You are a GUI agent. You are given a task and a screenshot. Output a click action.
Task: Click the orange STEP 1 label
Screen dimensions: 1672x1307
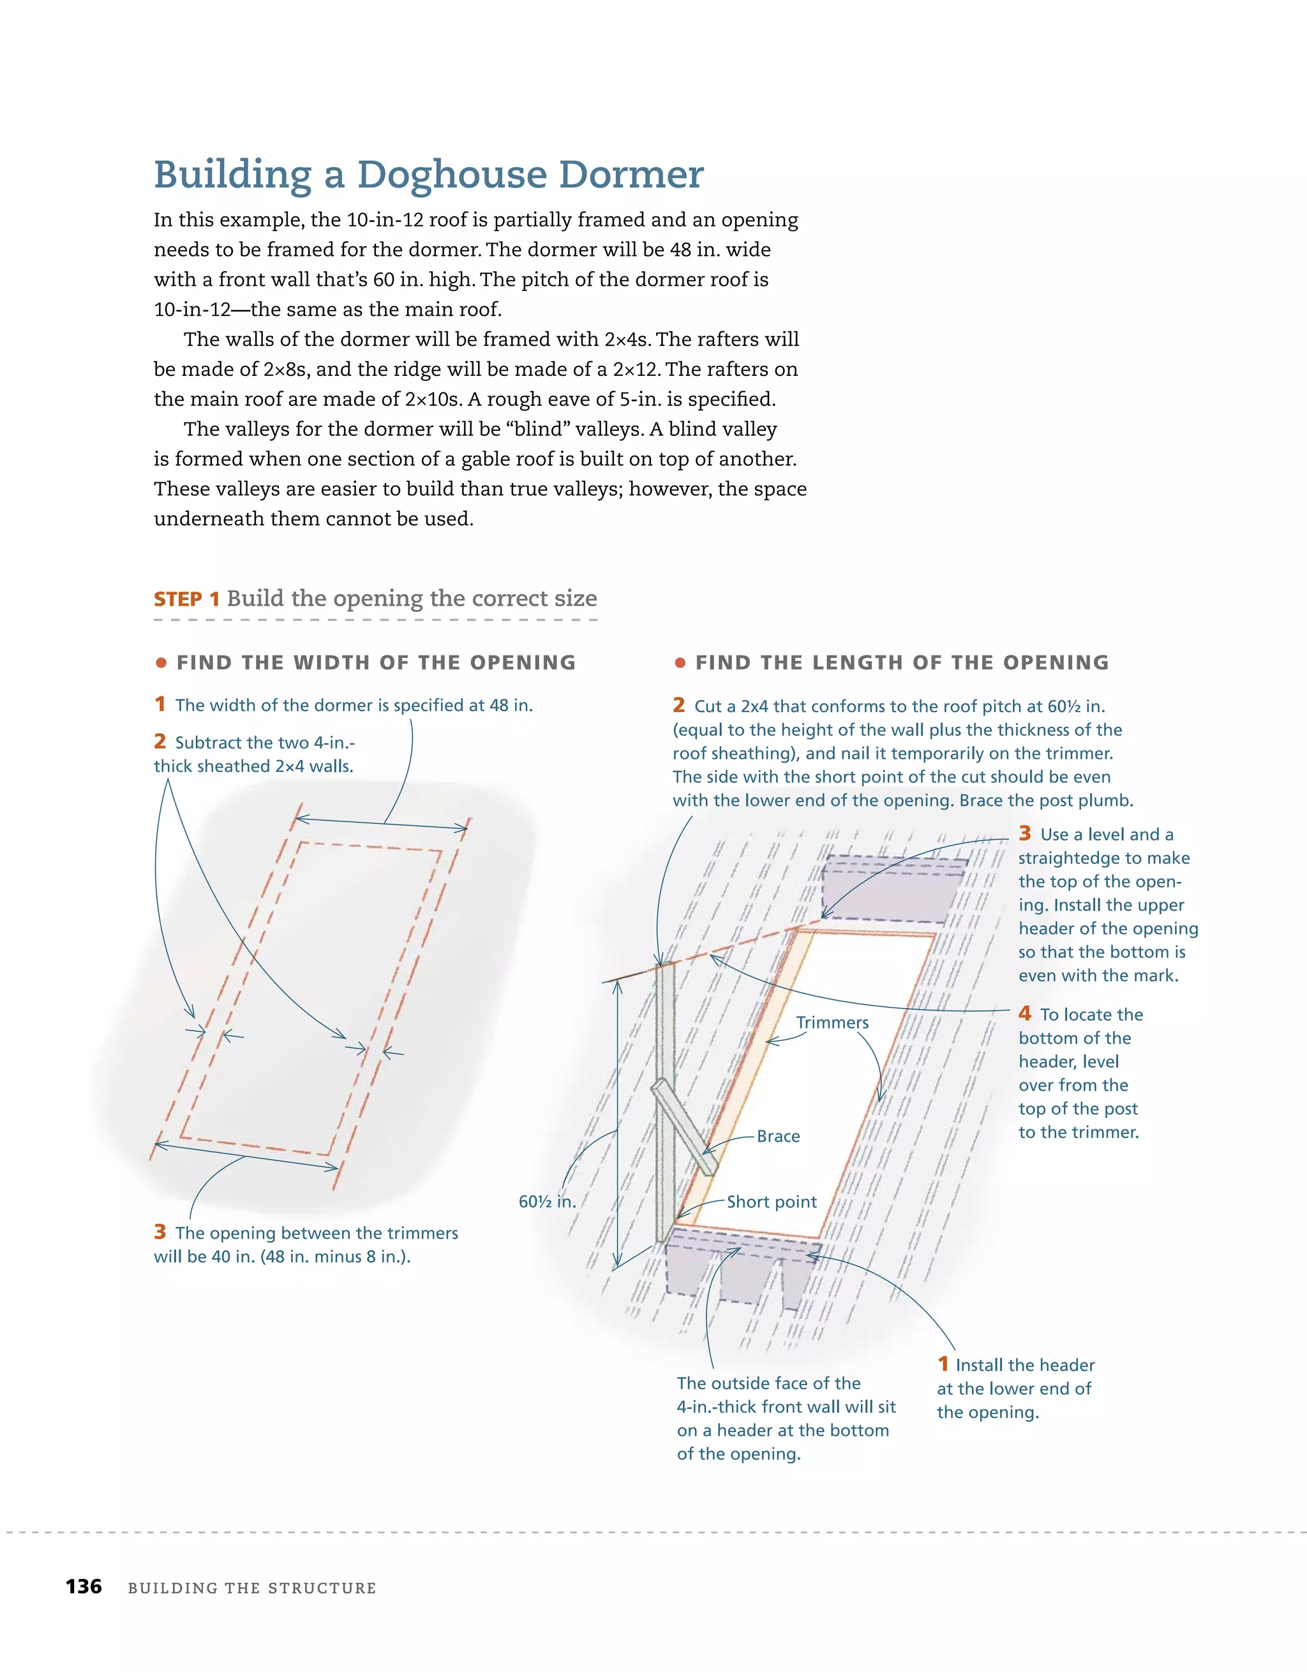coord(187,599)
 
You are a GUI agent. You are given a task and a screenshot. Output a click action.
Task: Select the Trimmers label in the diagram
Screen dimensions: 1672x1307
coord(832,1022)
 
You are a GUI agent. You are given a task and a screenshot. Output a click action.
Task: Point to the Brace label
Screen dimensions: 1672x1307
coord(778,1136)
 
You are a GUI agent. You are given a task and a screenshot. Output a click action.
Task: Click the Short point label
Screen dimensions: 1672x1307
coord(771,1201)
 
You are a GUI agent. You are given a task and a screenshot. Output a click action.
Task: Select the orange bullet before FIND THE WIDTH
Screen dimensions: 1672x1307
coord(161,662)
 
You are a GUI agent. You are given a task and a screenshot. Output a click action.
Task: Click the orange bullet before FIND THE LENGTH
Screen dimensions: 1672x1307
coord(680,662)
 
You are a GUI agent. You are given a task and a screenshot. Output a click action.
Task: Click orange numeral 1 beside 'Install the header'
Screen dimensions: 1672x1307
coord(943,1364)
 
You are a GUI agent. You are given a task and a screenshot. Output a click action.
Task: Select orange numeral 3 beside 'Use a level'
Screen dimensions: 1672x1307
coord(1024,833)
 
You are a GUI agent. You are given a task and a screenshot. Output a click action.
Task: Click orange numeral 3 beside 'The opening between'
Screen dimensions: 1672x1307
coord(160,1231)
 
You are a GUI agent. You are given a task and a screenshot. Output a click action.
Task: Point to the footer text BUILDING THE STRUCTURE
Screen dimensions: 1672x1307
coord(252,1588)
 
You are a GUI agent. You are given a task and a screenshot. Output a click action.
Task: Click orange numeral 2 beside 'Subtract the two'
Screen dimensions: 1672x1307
coord(160,741)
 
